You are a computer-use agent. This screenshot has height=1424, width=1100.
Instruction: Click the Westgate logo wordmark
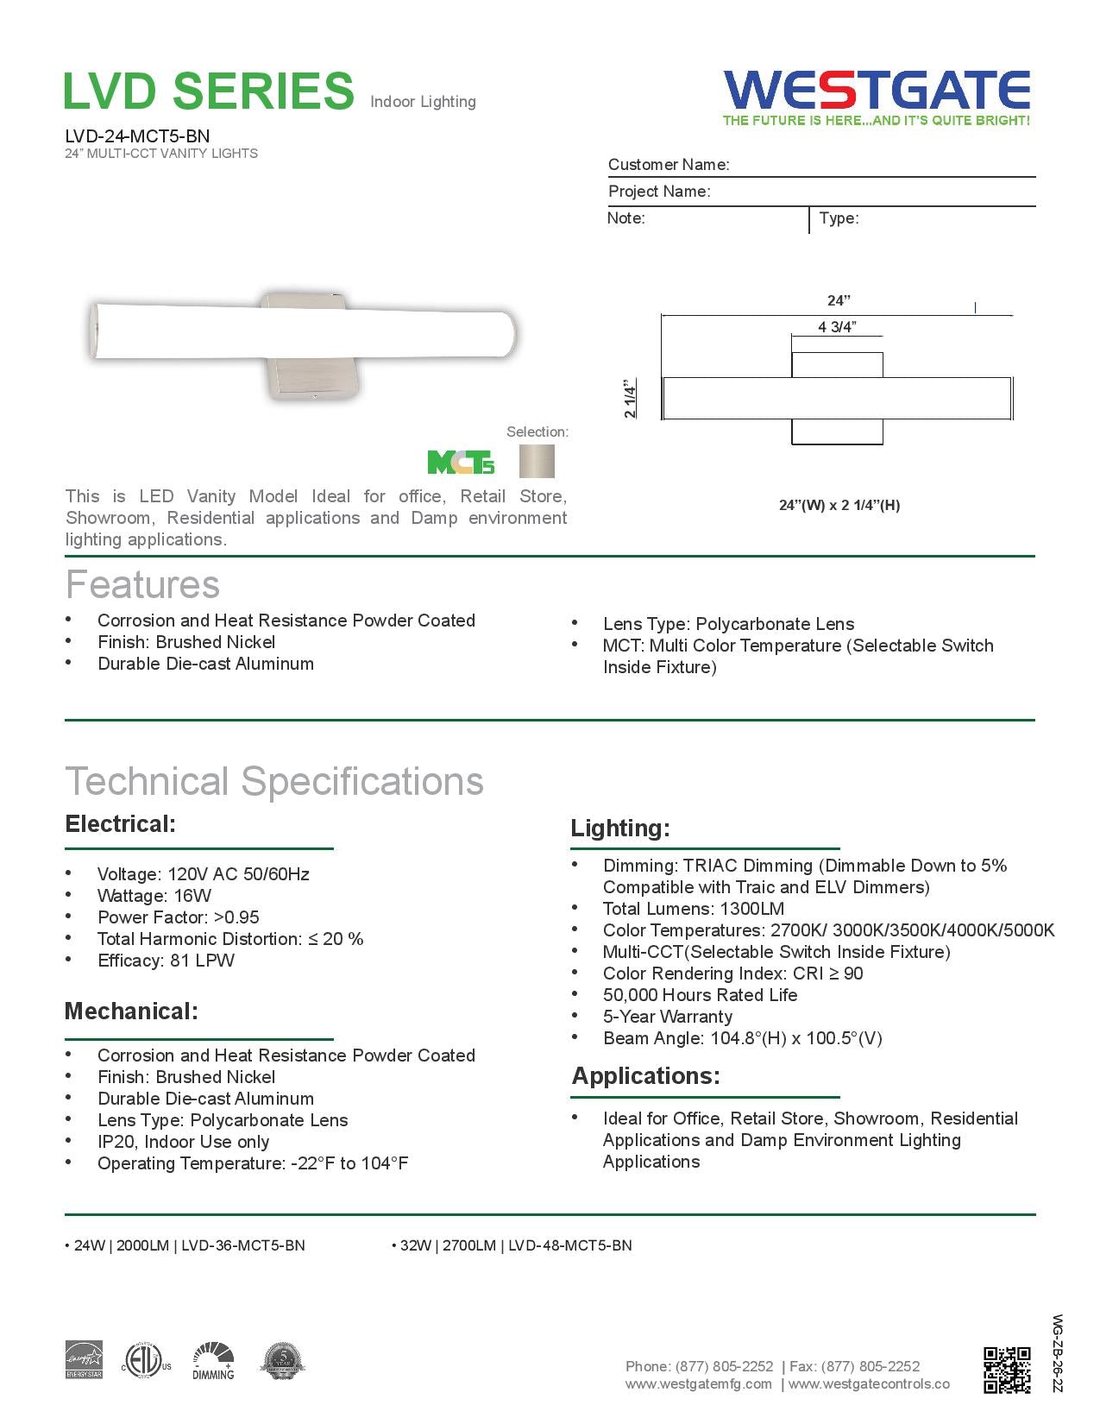(x=877, y=90)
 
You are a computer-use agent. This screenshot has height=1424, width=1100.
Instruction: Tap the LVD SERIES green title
(x=209, y=91)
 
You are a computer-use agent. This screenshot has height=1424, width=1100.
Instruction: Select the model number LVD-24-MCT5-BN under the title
(x=137, y=135)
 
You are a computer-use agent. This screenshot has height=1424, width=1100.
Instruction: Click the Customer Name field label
(x=669, y=165)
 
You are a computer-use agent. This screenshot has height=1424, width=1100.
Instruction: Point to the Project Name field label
(x=659, y=192)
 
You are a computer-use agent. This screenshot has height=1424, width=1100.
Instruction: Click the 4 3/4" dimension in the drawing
(x=836, y=327)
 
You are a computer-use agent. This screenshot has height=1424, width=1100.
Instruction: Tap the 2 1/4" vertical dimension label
(x=631, y=398)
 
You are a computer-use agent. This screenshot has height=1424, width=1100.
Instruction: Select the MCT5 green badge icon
(x=461, y=463)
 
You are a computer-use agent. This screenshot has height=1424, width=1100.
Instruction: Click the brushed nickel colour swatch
(x=537, y=462)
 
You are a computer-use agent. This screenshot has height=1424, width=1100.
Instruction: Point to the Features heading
(x=142, y=584)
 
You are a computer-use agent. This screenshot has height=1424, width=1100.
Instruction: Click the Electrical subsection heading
(x=120, y=824)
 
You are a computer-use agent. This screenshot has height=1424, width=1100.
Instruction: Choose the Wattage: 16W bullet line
(x=154, y=896)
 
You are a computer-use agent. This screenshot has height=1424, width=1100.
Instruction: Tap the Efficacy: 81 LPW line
(x=166, y=961)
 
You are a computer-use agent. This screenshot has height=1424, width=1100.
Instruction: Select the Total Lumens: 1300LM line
(x=693, y=909)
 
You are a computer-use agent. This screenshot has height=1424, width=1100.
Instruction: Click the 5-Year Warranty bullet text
(x=667, y=1017)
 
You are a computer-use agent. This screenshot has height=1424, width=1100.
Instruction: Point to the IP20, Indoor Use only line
(x=183, y=1142)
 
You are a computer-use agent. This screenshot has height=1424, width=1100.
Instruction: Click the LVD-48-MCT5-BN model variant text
(x=569, y=1245)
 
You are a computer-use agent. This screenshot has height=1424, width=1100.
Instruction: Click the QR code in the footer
(x=1007, y=1370)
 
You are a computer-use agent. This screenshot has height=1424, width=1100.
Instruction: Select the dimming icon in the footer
(x=213, y=1361)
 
